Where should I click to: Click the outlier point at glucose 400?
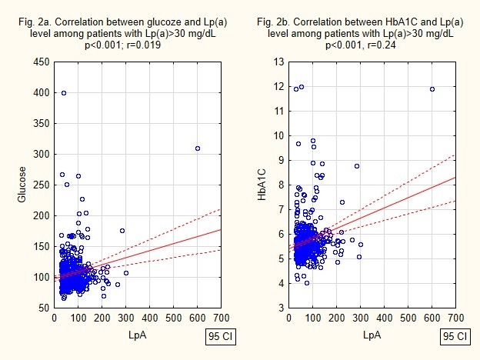(x=64, y=93)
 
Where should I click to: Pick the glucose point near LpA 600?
(x=198, y=148)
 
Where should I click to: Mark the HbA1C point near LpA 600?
(x=432, y=89)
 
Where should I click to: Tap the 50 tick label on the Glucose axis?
(x=44, y=308)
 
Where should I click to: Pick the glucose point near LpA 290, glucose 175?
(x=122, y=231)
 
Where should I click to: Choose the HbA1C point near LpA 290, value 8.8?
(x=357, y=166)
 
